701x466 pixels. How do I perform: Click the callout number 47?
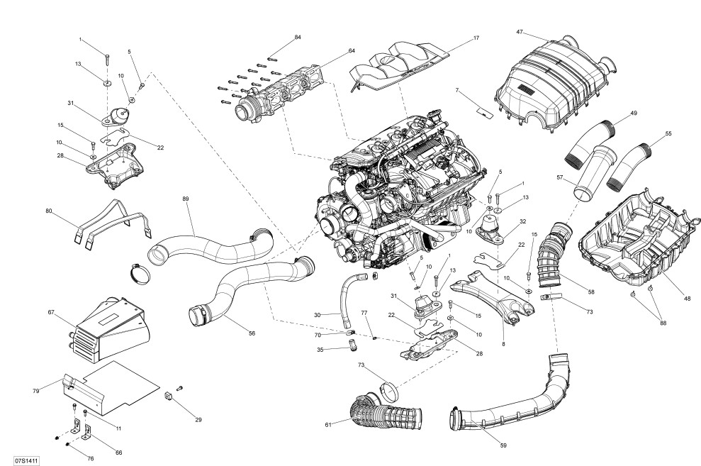(520, 32)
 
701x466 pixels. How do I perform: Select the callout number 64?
(352, 51)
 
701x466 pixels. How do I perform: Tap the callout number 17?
(476, 38)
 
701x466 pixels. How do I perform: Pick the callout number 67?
(51, 312)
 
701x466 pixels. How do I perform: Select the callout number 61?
(328, 425)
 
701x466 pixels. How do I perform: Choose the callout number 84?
(298, 36)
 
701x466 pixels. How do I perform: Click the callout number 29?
(198, 420)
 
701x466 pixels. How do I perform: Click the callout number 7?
(457, 90)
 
